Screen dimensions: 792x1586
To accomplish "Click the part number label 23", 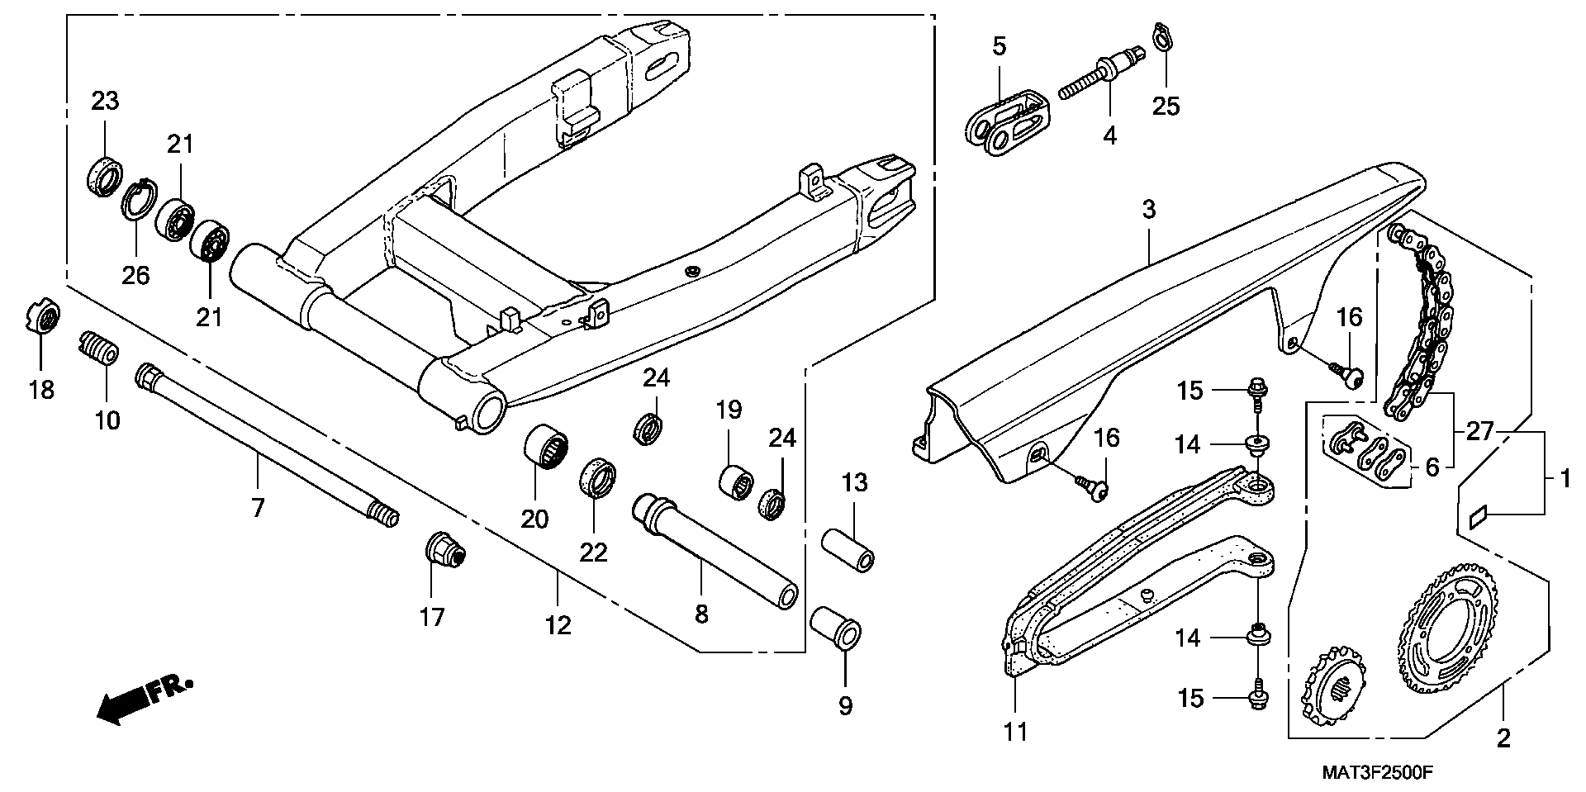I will point(105,102).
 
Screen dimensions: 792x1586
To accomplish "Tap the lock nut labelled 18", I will point(40,316).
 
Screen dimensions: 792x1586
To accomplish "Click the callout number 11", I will point(1015,732).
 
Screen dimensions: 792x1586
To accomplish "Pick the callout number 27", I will point(1479,431).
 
